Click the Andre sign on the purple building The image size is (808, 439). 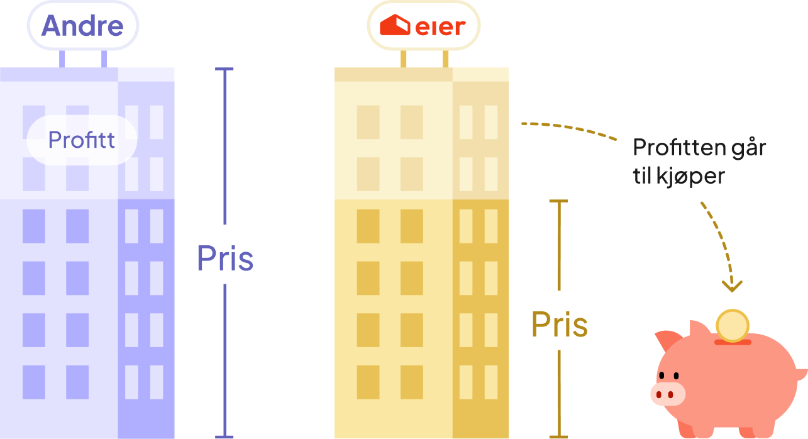[82, 26]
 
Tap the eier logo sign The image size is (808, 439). [423, 26]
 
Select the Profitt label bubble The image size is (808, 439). [82, 140]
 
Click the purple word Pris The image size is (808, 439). [224, 258]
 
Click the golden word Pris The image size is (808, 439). [559, 325]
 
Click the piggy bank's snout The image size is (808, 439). [667, 394]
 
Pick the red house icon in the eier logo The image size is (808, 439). [394, 26]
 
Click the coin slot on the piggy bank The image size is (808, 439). [733, 342]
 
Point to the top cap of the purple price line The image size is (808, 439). [224, 69]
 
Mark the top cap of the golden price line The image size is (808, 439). [558, 201]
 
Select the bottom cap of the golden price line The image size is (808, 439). [558, 436]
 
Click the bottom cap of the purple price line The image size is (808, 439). [224, 436]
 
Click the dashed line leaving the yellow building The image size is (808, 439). [566, 126]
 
